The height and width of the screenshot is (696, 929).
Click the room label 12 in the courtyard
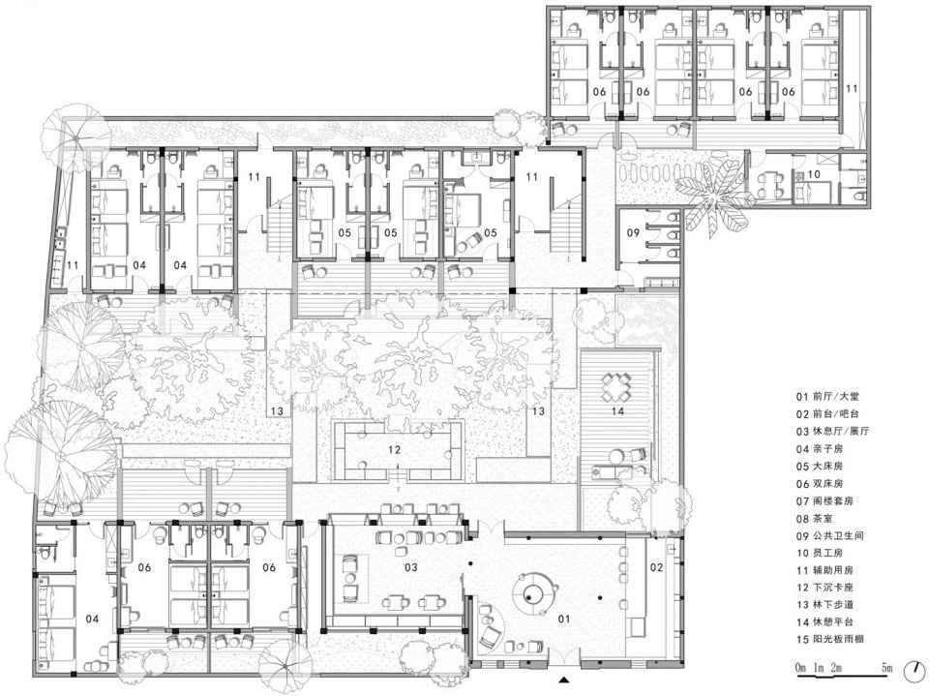click(x=395, y=450)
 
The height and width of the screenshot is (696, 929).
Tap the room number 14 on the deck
click(x=617, y=410)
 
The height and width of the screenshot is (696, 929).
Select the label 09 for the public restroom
click(x=633, y=233)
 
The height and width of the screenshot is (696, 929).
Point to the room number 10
click(x=814, y=174)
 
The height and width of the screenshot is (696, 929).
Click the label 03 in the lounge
click(x=411, y=567)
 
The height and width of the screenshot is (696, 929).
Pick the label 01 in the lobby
click(x=564, y=619)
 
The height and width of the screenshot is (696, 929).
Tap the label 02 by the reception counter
click(x=657, y=567)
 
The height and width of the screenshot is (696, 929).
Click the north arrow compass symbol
click(x=914, y=671)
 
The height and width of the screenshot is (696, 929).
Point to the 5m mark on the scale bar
click(x=886, y=668)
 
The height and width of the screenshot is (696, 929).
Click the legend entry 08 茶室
click(x=815, y=519)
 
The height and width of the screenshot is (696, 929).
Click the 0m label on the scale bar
click(x=801, y=668)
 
